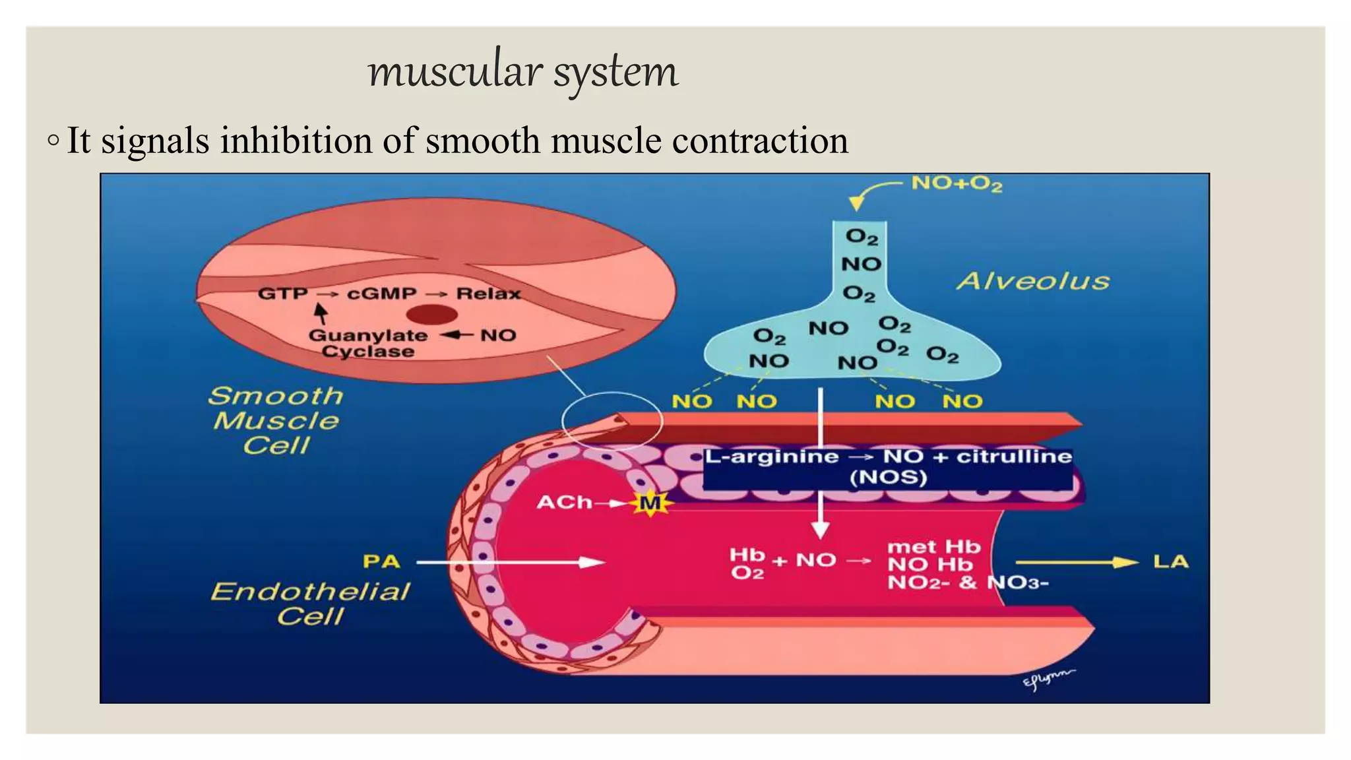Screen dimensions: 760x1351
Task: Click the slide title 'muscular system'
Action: (522, 71)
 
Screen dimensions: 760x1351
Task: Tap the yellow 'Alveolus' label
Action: (1033, 282)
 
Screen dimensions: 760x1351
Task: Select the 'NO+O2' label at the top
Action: (957, 183)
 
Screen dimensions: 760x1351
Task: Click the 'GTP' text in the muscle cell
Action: (282, 294)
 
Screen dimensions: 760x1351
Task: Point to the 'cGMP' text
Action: (382, 294)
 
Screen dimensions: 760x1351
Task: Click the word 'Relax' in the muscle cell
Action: (488, 294)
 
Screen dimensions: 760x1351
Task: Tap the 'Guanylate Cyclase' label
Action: (367, 343)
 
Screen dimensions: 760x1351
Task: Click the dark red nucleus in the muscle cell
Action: (431, 315)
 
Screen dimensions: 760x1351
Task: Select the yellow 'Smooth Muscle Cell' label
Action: (276, 421)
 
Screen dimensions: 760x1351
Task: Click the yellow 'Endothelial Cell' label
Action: (310, 603)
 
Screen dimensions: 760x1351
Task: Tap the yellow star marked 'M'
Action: (650, 504)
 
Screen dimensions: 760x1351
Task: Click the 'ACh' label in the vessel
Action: (564, 503)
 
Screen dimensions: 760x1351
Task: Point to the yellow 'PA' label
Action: (381, 562)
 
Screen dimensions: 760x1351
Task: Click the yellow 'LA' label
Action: (1170, 562)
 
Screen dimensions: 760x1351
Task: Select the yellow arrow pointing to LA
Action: (1075, 563)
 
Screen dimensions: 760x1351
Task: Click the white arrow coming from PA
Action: (511, 563)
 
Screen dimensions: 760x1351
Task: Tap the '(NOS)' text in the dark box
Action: (888, 478)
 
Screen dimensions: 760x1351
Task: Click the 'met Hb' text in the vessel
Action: (933, 547)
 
